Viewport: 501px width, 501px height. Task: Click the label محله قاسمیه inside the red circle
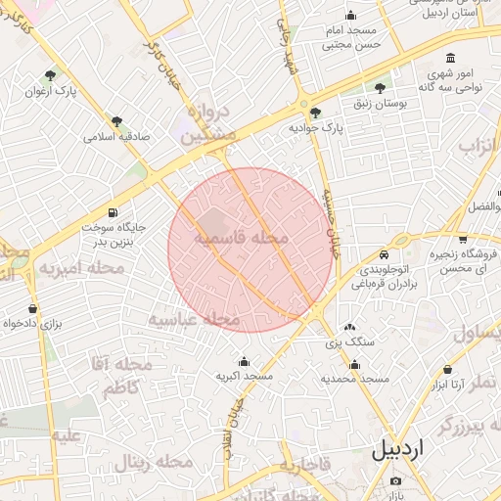click(x=241, y=238)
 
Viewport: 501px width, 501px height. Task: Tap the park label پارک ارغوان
click(x=51, y=91)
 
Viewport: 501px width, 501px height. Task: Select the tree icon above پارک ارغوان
click(x=51, y=74)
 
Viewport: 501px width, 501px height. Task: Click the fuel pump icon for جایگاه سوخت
click(x=114, y=212)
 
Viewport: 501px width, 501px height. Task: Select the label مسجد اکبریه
click(x=245, y=376)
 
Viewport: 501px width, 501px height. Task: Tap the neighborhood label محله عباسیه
click(x=195, y=319)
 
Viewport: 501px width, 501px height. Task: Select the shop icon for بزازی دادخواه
click(x=33, y=308)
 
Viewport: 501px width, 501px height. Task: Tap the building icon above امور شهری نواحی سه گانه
click(x=449, y=58)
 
